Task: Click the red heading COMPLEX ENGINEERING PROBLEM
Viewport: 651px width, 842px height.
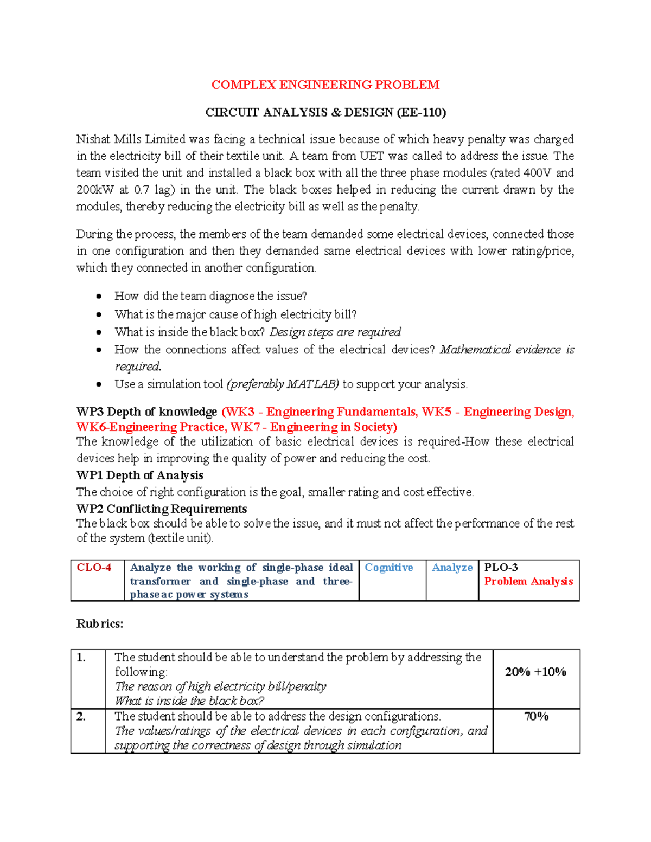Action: coord(325,85)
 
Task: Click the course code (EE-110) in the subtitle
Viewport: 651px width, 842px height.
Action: coord(421,112)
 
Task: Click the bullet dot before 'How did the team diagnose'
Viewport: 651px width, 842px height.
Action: coord(99,296)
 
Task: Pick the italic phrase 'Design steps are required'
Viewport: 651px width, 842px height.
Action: coord(335,332)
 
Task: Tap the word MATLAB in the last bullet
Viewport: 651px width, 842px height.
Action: coord(312,384)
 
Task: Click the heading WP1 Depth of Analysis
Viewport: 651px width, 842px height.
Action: coord(140,475)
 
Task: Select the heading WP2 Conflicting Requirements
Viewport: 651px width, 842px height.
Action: coord(162,509)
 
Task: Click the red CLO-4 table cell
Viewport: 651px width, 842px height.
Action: coord(94,568)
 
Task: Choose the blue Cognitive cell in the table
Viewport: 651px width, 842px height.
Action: coord(388,568)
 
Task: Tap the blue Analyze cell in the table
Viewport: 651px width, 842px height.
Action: coord(452,568)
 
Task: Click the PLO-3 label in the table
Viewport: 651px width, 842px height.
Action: coord(501,568)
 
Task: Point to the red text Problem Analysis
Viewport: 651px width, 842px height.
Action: coord(528,581)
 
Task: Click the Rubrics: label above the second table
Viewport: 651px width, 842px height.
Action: coord(100,624)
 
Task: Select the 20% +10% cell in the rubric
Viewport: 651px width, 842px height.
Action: coord(535,672)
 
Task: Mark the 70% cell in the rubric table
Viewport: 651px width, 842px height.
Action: coord(536,717)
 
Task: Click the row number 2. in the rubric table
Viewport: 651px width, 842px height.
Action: coord(81,717)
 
